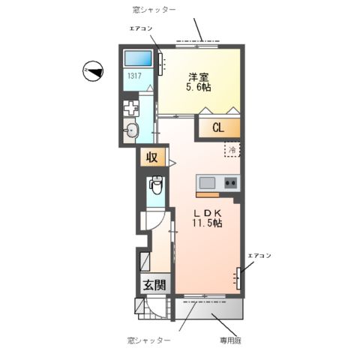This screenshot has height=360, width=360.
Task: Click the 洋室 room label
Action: [x=198, y=76]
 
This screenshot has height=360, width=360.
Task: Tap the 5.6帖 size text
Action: [x=198, y=87]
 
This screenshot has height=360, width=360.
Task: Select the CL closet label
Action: [x=217, y=127]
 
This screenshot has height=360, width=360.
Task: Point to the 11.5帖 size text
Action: [x=205, y=223]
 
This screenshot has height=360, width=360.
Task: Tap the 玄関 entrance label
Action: [x=154, y=286]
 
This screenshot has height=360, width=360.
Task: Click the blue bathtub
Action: [x=139, y=58]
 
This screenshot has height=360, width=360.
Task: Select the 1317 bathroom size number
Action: [x=134, y=76]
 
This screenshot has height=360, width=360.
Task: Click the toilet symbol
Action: [x=156, y=184]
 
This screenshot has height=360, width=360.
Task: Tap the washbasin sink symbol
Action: [x=133, y=130]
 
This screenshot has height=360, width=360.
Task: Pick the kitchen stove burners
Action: [x=229, y=182]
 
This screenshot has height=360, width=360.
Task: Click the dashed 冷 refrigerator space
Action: [x=232, y=149]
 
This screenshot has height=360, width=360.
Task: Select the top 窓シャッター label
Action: [x=154, y=9]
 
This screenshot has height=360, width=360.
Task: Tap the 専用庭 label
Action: [x=233, y=340]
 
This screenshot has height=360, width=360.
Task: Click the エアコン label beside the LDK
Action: [x=259, y=256]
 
